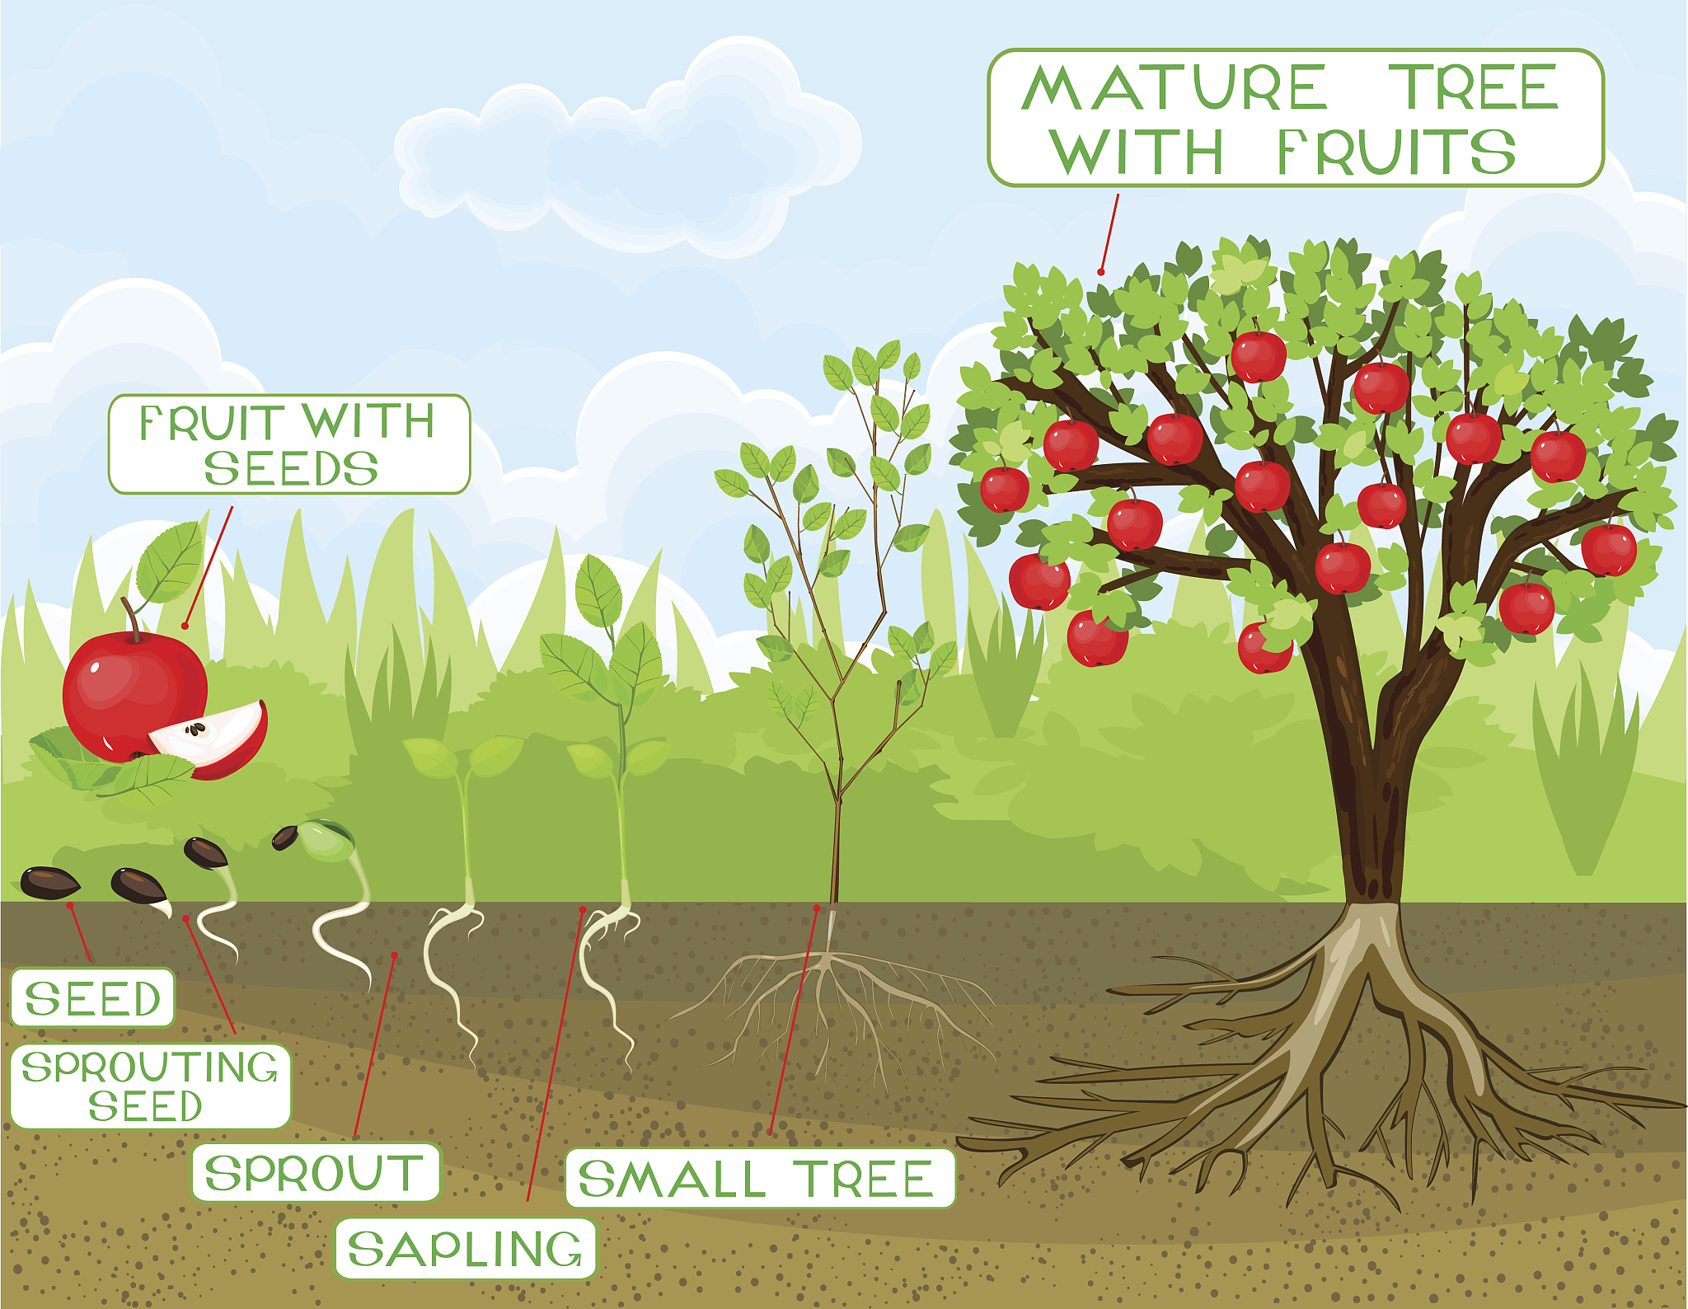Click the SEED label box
pyautogui.click(x=92, y=997)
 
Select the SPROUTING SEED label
pyautogui.click(x=151, y=1086)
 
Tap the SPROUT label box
pyautogui.click(x=316, y=1172)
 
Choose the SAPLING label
pyautogui.click(x=465, y=1248)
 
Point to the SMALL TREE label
pyautogui.click(x=759, y=1178)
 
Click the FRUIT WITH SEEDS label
pyautogui.click(x=289, y=444)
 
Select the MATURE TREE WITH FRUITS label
pyautogui.click(x=1295, y=118)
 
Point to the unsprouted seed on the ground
pyautogui.click(x=49, y=883)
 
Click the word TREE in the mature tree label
pyautogui.click(x=1474, y=87)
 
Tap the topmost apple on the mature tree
pyautogui.click(x=1258, y=356)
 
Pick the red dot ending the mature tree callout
pyautogui.click(x=1101, y=272)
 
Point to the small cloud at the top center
pyautogui.click(x=626, y=148)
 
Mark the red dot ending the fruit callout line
pyautogui.click(x=185, y=626)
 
